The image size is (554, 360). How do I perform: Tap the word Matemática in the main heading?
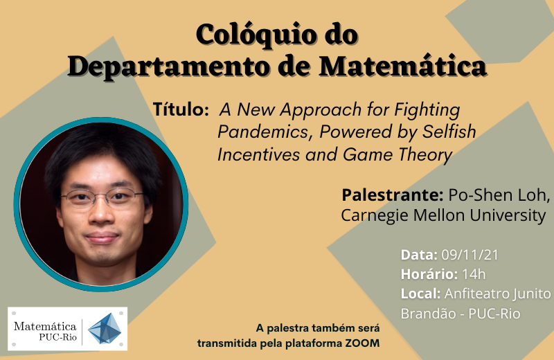[403, 66]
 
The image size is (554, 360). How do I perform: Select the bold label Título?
[181, 109]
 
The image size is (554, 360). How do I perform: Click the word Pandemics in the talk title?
[263, 132]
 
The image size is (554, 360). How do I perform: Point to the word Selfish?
[449, 131]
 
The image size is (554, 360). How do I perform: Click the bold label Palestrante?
[392, 195]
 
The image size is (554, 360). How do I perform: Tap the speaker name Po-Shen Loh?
[499, 195]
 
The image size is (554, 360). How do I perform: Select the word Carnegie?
[375, 215]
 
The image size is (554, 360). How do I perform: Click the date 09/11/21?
[470, 255]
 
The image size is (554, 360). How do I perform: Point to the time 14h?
[474, 274]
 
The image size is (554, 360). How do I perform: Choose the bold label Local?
[420, 294]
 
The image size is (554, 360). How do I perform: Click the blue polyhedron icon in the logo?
[105, 329]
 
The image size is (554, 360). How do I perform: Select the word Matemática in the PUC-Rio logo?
[45, 326]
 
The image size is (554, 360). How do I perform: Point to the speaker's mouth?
[102, 237]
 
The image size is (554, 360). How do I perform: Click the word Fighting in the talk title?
[427, 110]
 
